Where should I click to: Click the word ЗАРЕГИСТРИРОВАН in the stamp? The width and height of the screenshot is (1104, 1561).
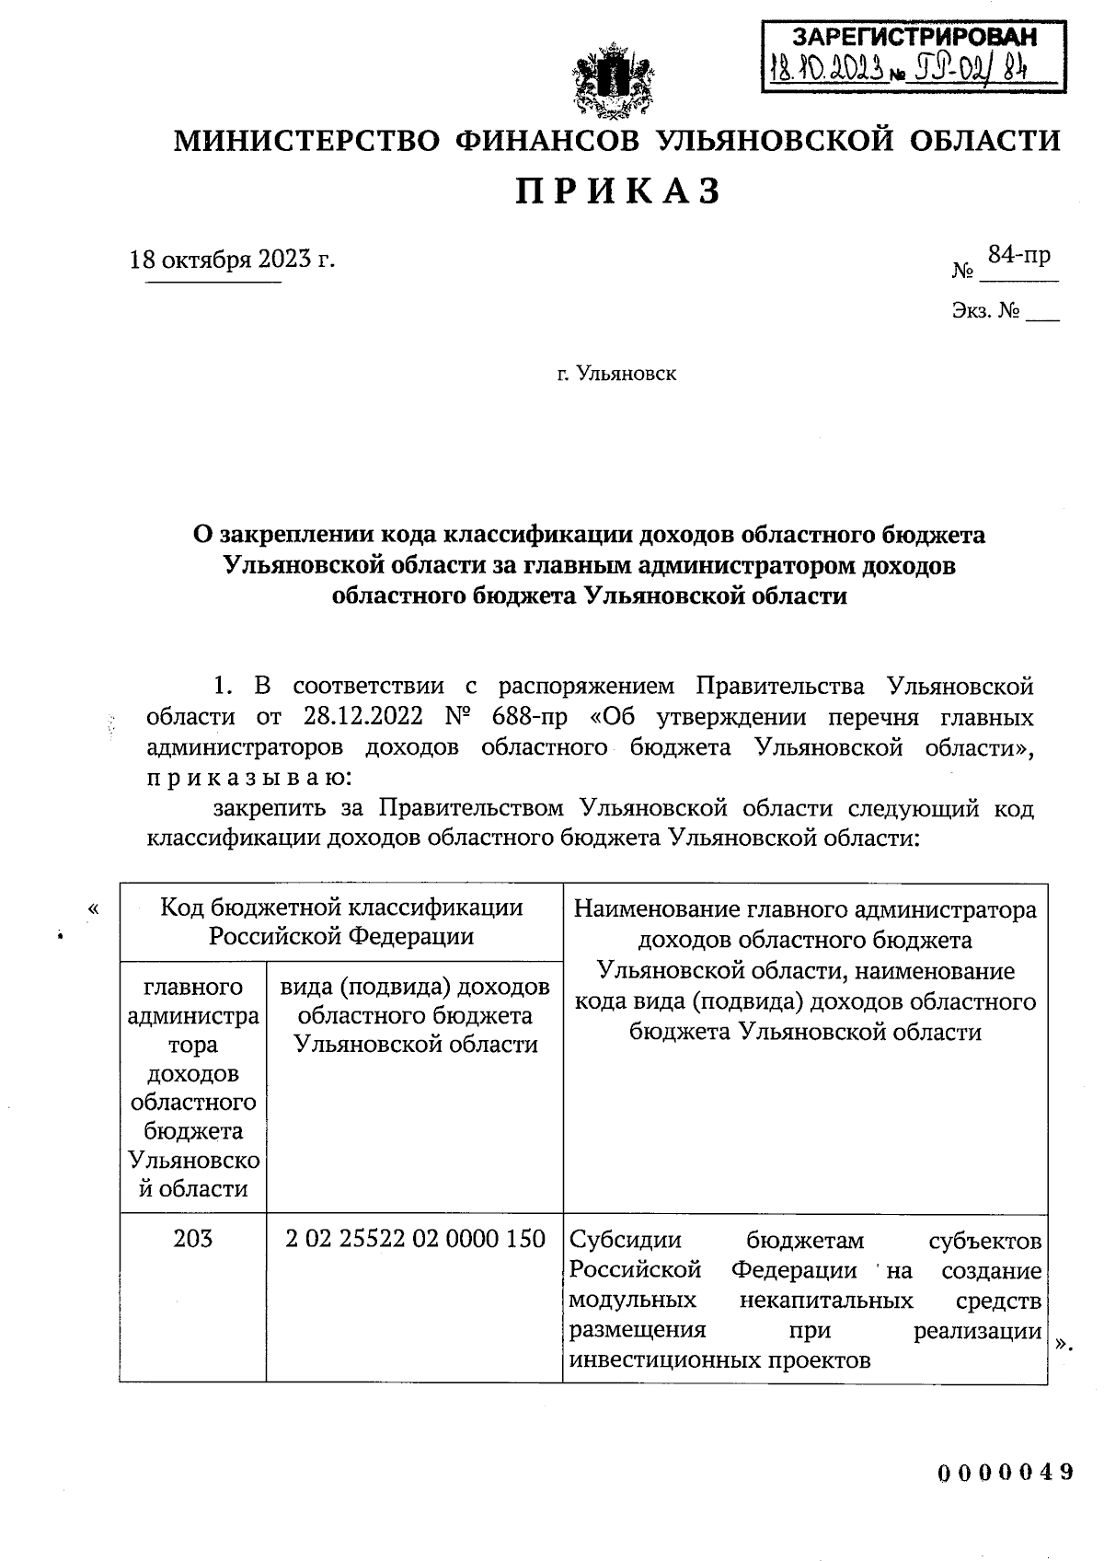click(914, 37)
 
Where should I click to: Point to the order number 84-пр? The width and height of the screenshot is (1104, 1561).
click(1018, 255)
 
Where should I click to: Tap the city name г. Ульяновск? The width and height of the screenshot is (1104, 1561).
click(616, 374)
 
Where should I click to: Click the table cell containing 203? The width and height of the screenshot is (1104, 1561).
click(192, 1238)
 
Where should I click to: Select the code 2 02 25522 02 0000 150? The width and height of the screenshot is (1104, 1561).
click(415, 1238)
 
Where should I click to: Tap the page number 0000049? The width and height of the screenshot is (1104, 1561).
click(1006, 1471)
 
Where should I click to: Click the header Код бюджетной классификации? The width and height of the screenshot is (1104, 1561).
click(341, 908)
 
